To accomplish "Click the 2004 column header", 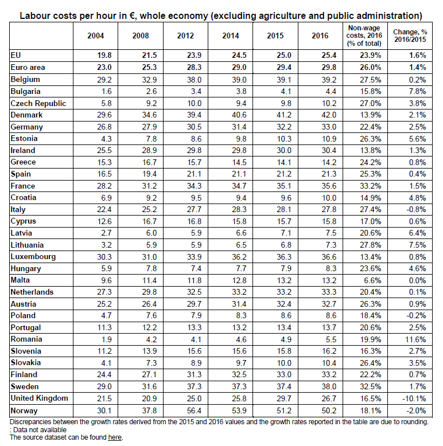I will [x=95, y=36].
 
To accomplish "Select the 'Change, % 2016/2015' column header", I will [x=409, y=36].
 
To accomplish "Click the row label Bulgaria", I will [x=29, y=91].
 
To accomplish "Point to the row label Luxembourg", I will [x=33, y=256].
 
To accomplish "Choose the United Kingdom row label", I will [x=40, y=398].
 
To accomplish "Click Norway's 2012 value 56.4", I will [x=185, y=410].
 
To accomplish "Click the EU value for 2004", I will [x=95, y=56].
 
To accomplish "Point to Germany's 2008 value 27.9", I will [x=140, y=127].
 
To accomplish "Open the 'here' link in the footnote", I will [x=115, y=437].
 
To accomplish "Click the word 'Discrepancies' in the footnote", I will [x=34, y=422].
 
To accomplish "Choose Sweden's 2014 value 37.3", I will [x=230, y=386].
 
